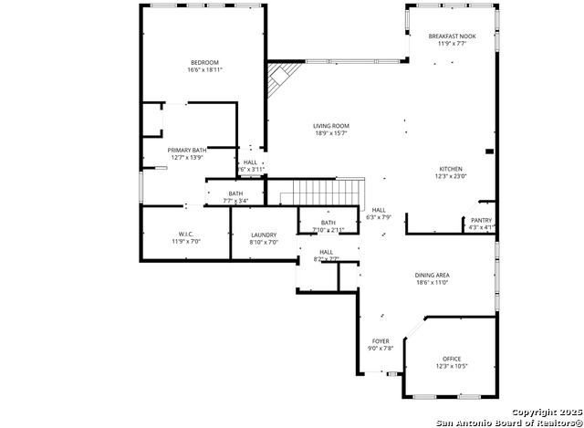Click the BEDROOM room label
(x=204, y=62)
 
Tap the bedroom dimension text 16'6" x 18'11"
(x=204, y=69)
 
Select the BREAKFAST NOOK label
(x=452, y=36)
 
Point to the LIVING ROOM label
(x=330, y=126)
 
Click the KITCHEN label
(x=451, y=169)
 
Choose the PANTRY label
(x=481, y=220)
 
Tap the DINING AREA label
(x=433, y=275)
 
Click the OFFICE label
(x=452, y=359)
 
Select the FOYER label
(x=381, y=341)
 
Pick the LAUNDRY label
(x=263, y=235)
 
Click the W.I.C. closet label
(x=186, y=234)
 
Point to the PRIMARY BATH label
(x=187, y=150)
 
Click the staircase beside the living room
(x=318, y=193)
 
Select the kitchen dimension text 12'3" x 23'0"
(x=451, y=176)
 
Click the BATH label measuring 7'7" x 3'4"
(x=235, y=193)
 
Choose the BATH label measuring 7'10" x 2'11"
(x=328, y=223)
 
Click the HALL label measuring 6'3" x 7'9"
(x=379, y=210)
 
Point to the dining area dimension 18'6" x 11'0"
(x=433, y=282)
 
